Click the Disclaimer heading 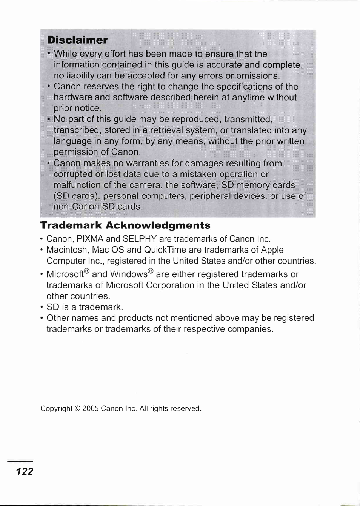77,40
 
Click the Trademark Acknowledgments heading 125,225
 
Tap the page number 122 25,471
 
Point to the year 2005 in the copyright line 90,408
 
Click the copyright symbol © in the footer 77,408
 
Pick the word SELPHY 139,239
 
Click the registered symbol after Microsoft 87,271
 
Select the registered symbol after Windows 151,271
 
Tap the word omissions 258,75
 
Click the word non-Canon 74,207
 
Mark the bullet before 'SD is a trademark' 42,307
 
